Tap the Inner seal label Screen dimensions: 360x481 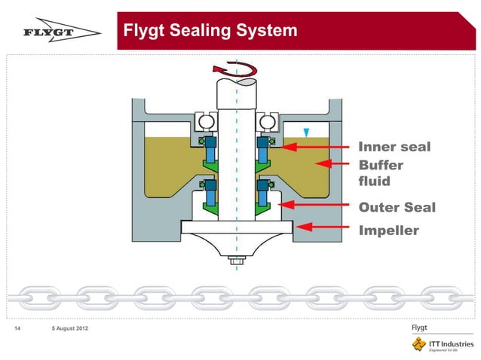pyautogui.click(x=394, y=147)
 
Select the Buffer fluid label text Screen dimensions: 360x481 pyautogui.click(x=381, y=173)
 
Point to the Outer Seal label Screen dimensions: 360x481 pyautogui.click(x=397, y=207)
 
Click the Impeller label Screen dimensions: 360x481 pyautogui.click(x=388, y=230)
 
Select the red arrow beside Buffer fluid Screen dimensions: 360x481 pyautogui.click(x=334, y=163)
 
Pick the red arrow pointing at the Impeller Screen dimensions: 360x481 pyautogui.click(x=325, y=225)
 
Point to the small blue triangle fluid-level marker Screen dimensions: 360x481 pyautogui.click(x=305, y=132)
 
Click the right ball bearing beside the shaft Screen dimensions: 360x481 pyautogui.click(x=265, y=121)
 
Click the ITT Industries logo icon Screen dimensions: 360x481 pyautogui.click(x=418, y=344)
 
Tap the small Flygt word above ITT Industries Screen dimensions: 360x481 pyautogui.click(x=419, y=327)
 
